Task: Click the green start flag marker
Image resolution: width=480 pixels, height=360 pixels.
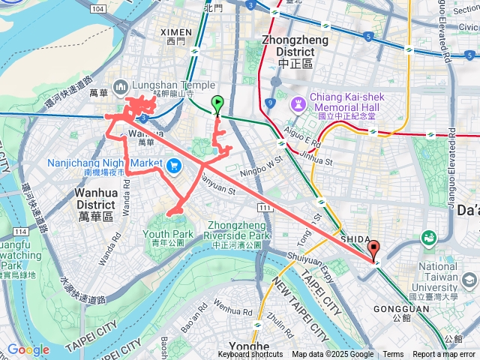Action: [x=218, y=104]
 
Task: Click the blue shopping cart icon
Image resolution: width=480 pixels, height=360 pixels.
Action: [x=175, y=165]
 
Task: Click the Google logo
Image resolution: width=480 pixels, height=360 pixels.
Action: [x=28, y=349]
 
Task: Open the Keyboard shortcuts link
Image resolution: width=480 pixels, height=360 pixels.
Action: [x=250, y=355]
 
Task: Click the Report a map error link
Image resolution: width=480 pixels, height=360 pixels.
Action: [x=444, y=355]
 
